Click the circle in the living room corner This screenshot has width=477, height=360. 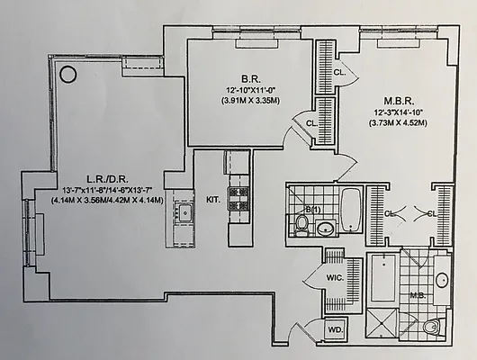67,75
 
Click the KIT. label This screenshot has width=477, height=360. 213,199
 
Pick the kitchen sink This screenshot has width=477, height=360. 184,213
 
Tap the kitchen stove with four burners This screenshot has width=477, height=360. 238,198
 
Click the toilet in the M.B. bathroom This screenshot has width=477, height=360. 433,325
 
